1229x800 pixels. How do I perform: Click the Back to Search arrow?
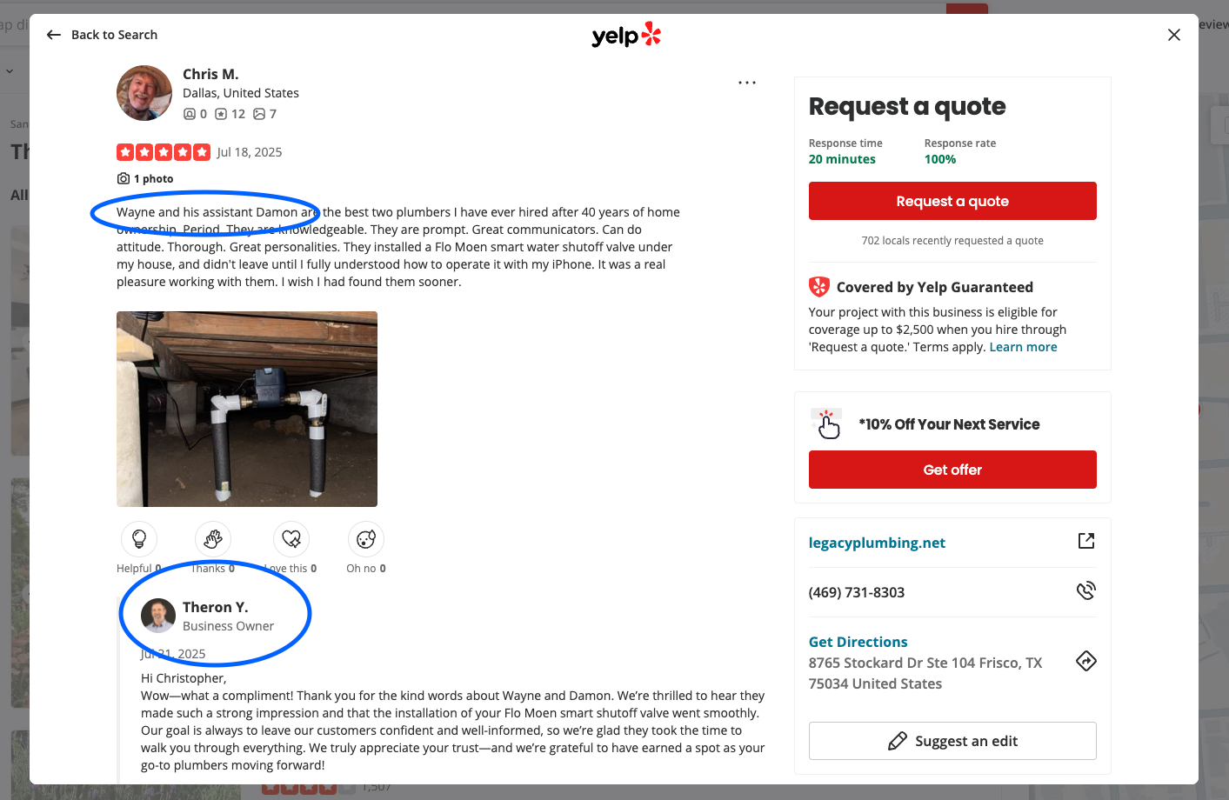[53, 35]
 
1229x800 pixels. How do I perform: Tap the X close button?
[1173, 35]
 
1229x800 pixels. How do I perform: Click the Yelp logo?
[626, 35]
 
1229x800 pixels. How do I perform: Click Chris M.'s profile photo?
[144, 93]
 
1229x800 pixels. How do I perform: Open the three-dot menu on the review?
[747, 83]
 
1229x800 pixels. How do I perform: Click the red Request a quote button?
[952, 201]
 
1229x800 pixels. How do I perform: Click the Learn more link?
[1023, 347]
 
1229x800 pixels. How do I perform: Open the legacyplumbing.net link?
[877, 543]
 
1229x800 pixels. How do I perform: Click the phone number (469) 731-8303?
[857, 592]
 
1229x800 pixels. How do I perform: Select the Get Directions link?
[858, 642]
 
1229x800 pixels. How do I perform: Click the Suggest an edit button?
[952, 741]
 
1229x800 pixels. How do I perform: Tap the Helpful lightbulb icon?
[139, 539]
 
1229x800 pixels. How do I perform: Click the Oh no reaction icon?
[366, 539]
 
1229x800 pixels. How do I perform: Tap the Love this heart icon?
[291, 539]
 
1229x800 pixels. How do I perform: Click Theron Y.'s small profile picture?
[158, 616]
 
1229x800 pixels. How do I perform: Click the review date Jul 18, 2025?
[249, 152]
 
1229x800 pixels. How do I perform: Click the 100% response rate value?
[940, 159]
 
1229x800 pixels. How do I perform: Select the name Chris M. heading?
[210, 74]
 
